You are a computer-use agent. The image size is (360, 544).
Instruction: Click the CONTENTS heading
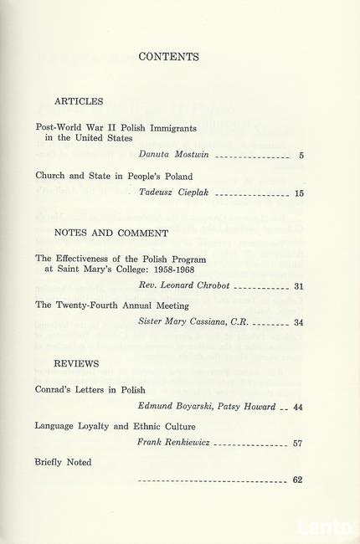pos(168,58)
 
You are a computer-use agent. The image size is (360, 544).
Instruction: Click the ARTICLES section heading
pos(79,101)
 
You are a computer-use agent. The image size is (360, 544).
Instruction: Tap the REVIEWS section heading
pos(76,364)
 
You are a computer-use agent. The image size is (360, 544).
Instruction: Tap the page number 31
pos(298,287)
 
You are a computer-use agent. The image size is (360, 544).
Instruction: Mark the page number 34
pos(298,324)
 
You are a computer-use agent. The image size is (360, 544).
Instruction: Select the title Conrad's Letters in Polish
pos(90,389)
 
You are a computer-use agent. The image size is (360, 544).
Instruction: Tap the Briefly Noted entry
pos(64,461)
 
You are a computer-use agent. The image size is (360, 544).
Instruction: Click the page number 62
pos(298,480)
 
